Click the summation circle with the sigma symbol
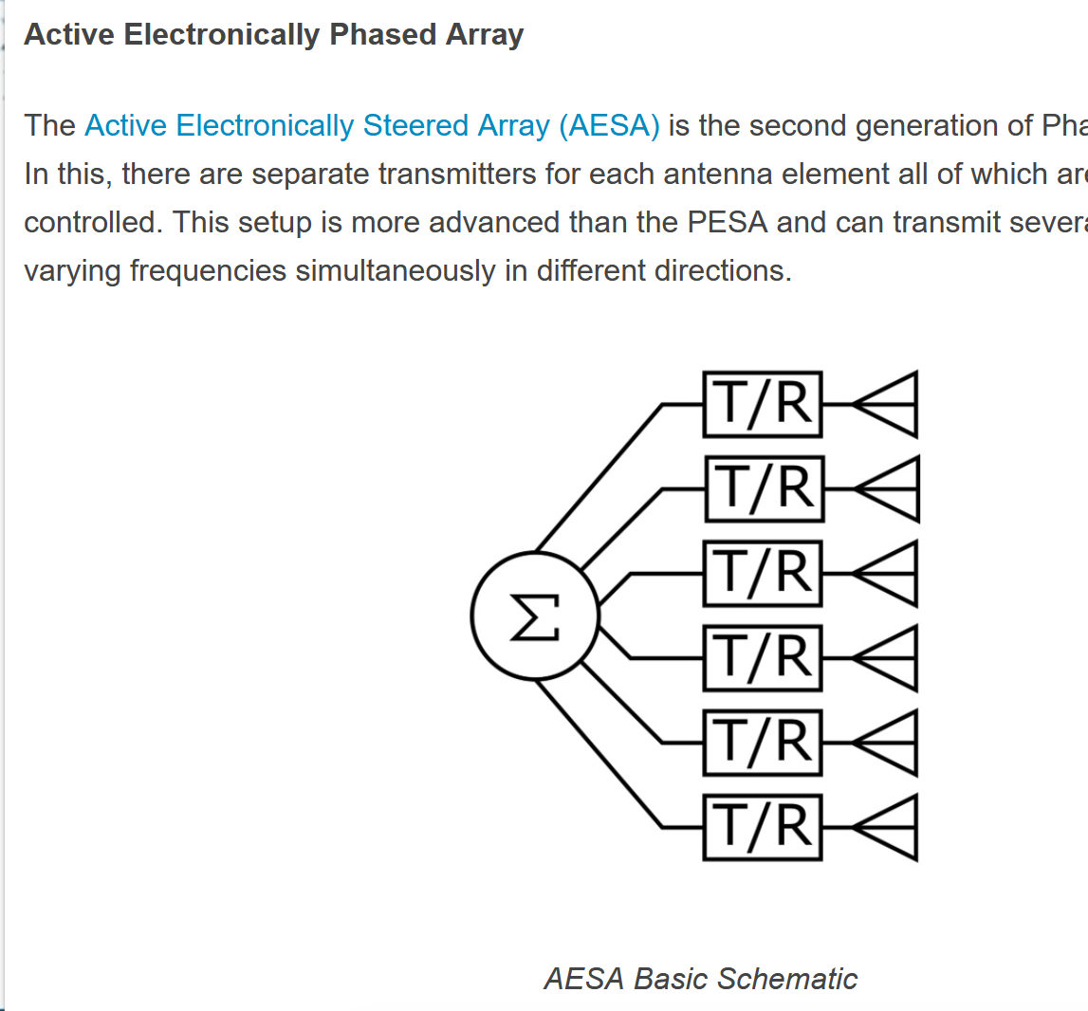coord(535,617)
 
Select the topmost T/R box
coord(763,405)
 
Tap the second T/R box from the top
coord(764,489)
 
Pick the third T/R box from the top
coord(763,574)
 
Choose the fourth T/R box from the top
coord(763,658)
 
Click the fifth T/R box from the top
coord(763,743)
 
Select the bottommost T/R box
coord(763,827)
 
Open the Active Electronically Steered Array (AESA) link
coord(372,126)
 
